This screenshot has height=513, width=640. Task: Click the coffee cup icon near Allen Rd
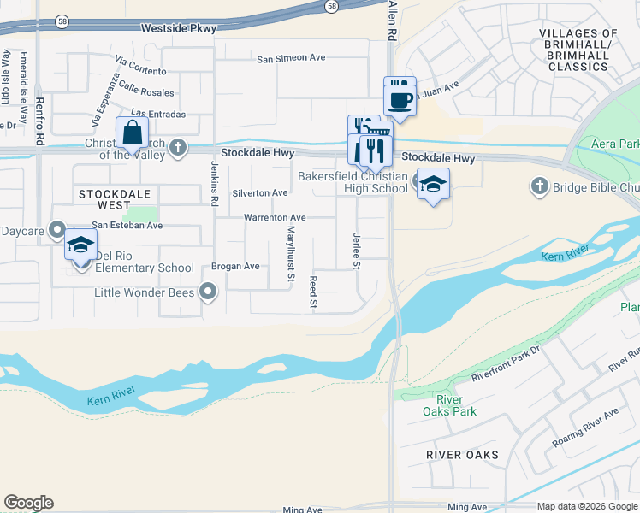pos(400,97)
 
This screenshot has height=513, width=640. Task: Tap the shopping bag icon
pos(132,134)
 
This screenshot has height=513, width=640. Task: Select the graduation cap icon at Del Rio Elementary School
pos(80,245)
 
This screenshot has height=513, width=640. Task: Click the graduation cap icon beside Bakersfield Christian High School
pos(434,185)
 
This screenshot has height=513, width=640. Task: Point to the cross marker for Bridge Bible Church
pos(539,186)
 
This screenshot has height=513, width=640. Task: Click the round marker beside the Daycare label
pos(57,230)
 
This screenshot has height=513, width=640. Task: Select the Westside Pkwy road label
pos(179,28)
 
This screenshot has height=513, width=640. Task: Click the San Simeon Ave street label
pos(292,58)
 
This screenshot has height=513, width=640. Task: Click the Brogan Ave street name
pos(235,267)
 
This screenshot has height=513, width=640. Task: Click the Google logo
pos(28,503)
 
